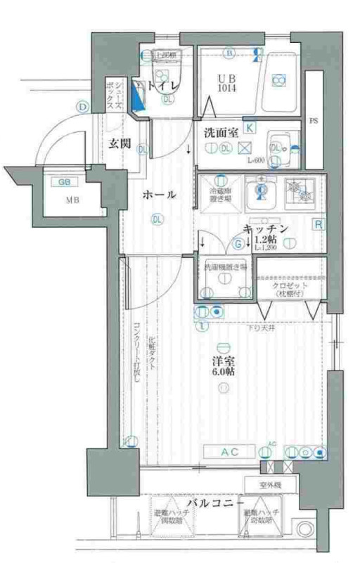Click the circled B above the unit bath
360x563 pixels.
pos(229,53)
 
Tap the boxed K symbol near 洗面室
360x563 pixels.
pos(250,127)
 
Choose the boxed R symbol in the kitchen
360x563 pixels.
pos(318,225)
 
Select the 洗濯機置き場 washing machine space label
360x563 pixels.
pos(225,268)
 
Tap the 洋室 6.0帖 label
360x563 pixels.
pos(224,366)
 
